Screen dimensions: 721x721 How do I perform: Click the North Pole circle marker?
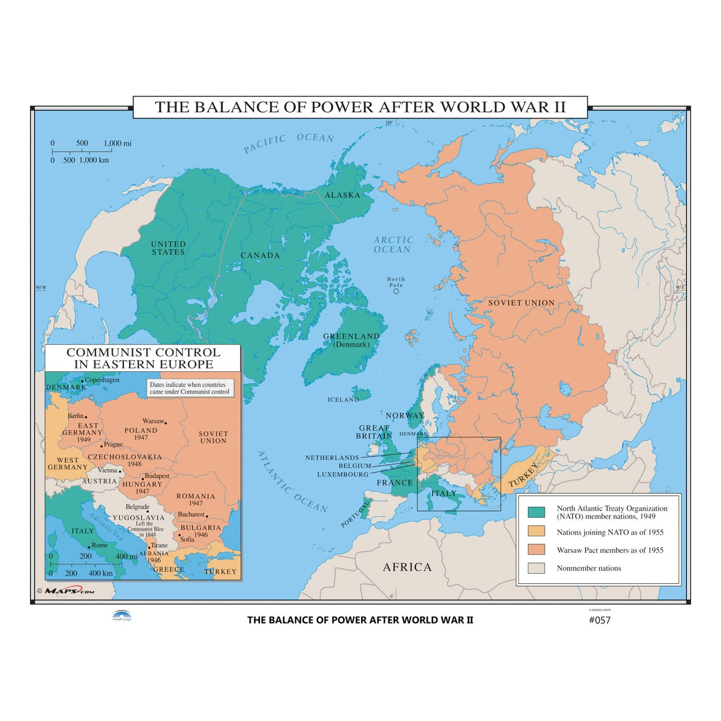(x=396, y=291)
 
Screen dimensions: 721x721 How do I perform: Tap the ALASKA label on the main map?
(x=342, y=195)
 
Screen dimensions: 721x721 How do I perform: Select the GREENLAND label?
(x=351, y=336)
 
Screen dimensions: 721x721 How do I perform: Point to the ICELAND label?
(x=343, y=400)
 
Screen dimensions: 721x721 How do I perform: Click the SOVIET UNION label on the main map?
(x=521, y=303)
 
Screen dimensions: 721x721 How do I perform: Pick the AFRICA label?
(x=407, y=567)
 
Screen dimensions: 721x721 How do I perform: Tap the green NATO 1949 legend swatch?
(x=536, y=512)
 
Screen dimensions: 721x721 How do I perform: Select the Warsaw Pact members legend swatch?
(x=536, y=549)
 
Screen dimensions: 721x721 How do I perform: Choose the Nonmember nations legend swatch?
(x=536, y=568)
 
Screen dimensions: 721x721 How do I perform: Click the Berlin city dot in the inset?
(x=86, y=417)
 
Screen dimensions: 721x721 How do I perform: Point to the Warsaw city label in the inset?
(x=153, y=421)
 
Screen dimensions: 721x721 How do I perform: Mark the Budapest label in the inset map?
(x=157, y=476)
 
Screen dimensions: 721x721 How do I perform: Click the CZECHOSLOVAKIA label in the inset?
(x=125, y=457)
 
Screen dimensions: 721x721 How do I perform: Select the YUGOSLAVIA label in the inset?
(x=138, y=517)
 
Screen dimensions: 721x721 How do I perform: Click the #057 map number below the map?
(x=599, y=620)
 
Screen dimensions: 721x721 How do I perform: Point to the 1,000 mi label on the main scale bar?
(x=118, y=143)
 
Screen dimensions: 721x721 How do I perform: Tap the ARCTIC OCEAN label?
(x=393, y=245)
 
